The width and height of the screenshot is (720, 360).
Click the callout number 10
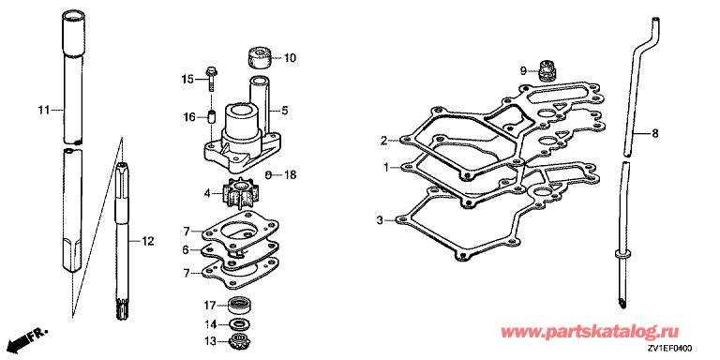[x=290, y=58]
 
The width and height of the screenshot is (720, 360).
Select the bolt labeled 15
[x=211, y=79]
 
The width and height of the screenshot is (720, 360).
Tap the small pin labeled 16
[x=211, y=116]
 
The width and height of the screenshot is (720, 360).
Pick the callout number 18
[x=290, y=174]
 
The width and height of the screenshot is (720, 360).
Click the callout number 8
[x=655, y=134]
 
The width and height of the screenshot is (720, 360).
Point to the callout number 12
[x=148, y=240]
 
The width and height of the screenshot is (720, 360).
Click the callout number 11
[x=43, y=110]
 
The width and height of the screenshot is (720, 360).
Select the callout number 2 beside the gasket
[x=384, y=140]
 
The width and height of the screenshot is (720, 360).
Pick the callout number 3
[x=380, y=220]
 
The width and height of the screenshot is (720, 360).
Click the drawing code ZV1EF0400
[x=671, y=349]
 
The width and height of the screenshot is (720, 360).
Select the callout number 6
[x=186, y=249]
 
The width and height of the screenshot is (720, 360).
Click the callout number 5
[x=285, y=111]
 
